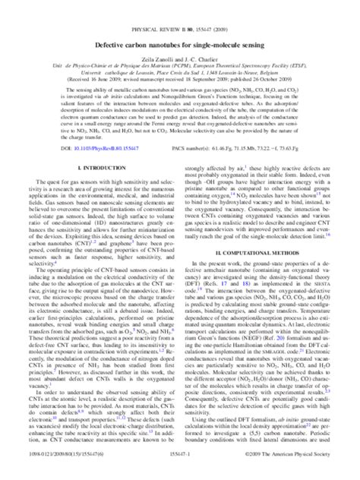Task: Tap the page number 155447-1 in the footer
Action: point(180,472)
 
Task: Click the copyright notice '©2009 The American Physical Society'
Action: point(298,472)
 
